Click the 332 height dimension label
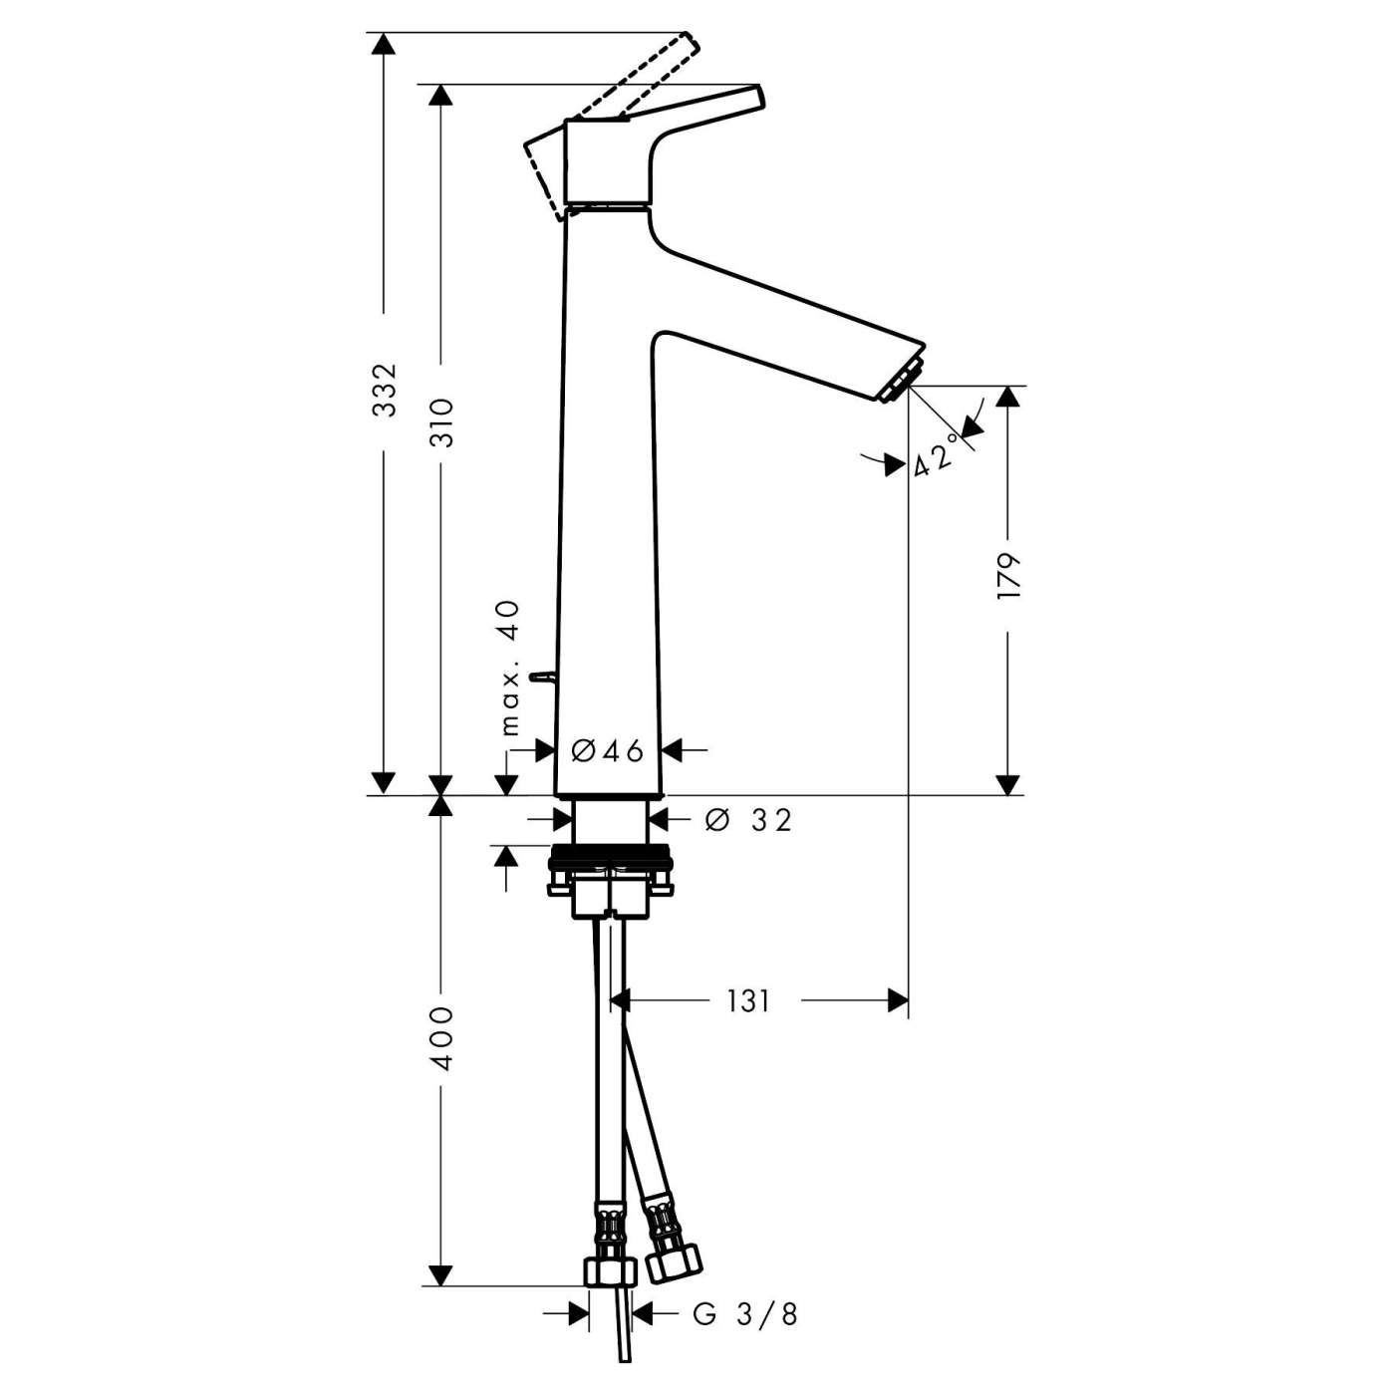pos(384,391)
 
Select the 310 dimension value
pos(441,422)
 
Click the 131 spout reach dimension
pos(747,1000)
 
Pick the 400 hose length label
pos(441,1038)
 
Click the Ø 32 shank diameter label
pos(748,819)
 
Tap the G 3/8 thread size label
pos(745,1314)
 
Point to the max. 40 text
pos(509,667)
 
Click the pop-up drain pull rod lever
pos(542,678)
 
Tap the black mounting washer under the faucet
pos(611,855)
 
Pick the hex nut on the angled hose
pos(674,1263)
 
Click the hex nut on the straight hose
pos(609,1272)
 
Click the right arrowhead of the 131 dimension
pos(898,1000)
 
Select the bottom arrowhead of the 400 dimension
pos(440,1275)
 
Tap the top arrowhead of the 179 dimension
pos(1008,397)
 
